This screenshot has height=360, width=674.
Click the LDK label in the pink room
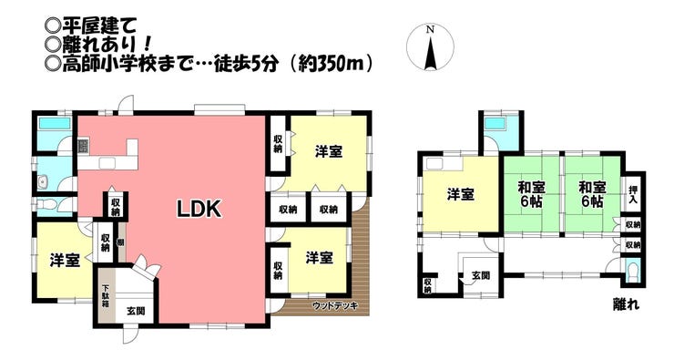199,209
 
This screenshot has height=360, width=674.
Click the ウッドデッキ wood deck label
335,306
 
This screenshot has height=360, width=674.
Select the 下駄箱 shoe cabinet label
106,296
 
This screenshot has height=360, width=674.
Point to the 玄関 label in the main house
136,311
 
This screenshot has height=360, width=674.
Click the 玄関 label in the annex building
480,275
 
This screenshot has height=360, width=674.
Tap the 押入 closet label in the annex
633,195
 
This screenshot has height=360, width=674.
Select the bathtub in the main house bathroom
55,124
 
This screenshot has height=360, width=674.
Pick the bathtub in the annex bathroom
495,124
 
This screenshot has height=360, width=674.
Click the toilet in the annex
633,272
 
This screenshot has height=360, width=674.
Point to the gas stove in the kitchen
83,147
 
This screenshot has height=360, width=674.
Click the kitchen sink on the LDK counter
107,163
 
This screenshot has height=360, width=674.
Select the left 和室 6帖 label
531,195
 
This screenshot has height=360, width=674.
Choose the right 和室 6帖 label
592,195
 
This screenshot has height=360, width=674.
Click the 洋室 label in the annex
460,195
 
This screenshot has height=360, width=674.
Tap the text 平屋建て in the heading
99,26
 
